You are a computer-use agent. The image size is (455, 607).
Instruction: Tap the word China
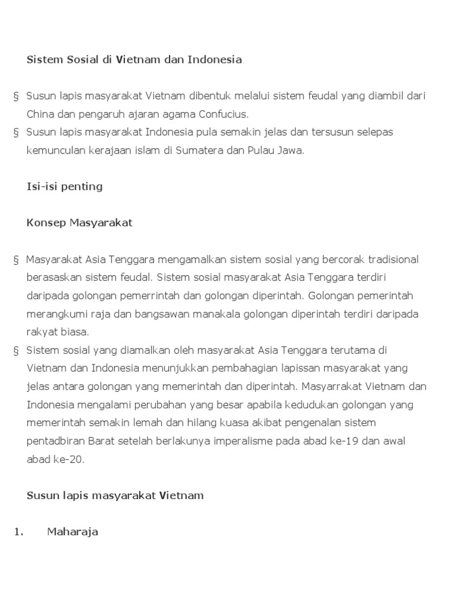click(41, 114)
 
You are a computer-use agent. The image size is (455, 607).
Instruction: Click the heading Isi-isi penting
click(65, 187)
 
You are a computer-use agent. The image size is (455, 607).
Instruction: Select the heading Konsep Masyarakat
click(79, 223)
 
